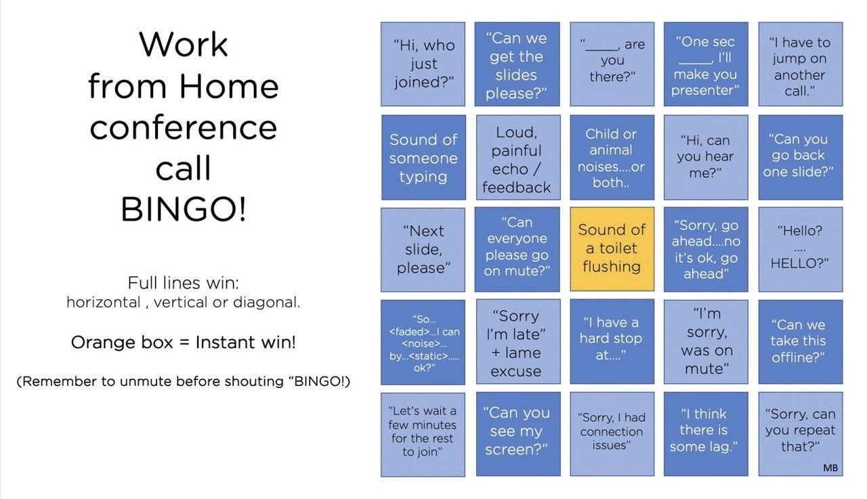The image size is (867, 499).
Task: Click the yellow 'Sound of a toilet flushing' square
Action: coord(612,248)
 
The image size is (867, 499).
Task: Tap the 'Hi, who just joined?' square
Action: coord(423,64)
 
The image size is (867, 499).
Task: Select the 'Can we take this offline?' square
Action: coord(801,341)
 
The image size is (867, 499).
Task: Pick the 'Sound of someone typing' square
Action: coord(424,157)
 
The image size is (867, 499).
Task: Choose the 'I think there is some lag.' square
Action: coord(706,433)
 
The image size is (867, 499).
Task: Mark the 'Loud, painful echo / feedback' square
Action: coord(518,157)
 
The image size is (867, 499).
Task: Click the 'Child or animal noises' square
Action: coord(612,157)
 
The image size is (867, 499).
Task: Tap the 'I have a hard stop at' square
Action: coord(612,341)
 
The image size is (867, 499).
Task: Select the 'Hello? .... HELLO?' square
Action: coord(801,249)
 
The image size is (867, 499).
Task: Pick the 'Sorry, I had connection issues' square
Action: coord(612,433)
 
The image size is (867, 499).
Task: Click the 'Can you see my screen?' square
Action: coord(518,433)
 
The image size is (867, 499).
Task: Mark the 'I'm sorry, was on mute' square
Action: coord(706,341)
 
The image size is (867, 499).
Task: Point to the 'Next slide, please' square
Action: coord(423,249)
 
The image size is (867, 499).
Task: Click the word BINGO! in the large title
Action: coord(184,209)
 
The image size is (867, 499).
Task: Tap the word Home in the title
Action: coord(229,86)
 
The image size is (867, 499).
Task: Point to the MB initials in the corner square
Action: coord(830,468)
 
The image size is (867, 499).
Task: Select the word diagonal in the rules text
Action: coord(266,302)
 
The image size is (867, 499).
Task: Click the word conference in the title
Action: coord(184,128)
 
